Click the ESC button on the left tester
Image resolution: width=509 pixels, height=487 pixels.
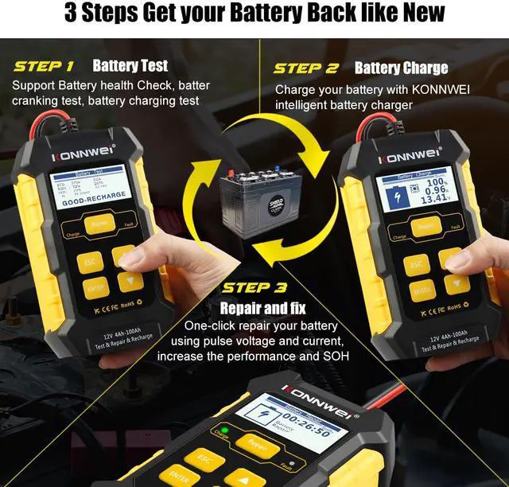pyautogui.click(x=89, y=263)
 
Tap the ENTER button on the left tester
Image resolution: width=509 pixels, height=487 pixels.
pyautogui.click(x=95, y=287)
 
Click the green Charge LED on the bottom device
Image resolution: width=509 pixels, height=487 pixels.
pyautogui.click(x=225, y=431)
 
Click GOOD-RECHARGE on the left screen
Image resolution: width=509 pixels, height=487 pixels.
pyautogui.click(x=89, y=202)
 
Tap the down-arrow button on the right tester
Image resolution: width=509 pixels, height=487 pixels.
pyautogui.click(x=457, y=284)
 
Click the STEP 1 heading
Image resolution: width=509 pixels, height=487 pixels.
pyautogui.click(x=44, y=66)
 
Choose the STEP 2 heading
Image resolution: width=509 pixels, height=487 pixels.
pyautogui.click(x=305, y=68)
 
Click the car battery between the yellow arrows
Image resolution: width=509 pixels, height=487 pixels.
pyautogui.click(x=253, y=198)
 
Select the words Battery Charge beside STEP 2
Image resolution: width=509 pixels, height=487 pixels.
pyautogui.click(x=401, y=68)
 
